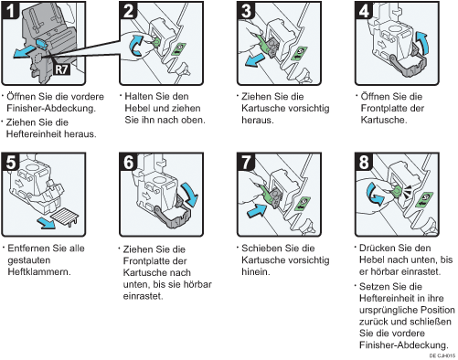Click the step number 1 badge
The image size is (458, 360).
pos(10,10)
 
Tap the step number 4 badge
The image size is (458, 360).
pos(364,10)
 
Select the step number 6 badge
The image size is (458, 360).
pos(128,162)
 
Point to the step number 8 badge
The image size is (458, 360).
pos(364,162)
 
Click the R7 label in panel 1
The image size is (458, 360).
pos(61,69)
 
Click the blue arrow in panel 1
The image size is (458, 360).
pos(24,52)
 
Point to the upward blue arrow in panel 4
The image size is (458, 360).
pos(422,41)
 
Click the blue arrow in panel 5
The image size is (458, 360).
pos(47,223)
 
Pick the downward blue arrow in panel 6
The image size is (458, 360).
pos(190,194)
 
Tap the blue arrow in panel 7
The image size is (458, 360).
pos(257,210)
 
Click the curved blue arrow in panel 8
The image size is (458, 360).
pos(374,195)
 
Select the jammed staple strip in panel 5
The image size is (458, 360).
pos(65,217)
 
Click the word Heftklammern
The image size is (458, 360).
pos(38,271)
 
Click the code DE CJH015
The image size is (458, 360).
pos(442,355)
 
